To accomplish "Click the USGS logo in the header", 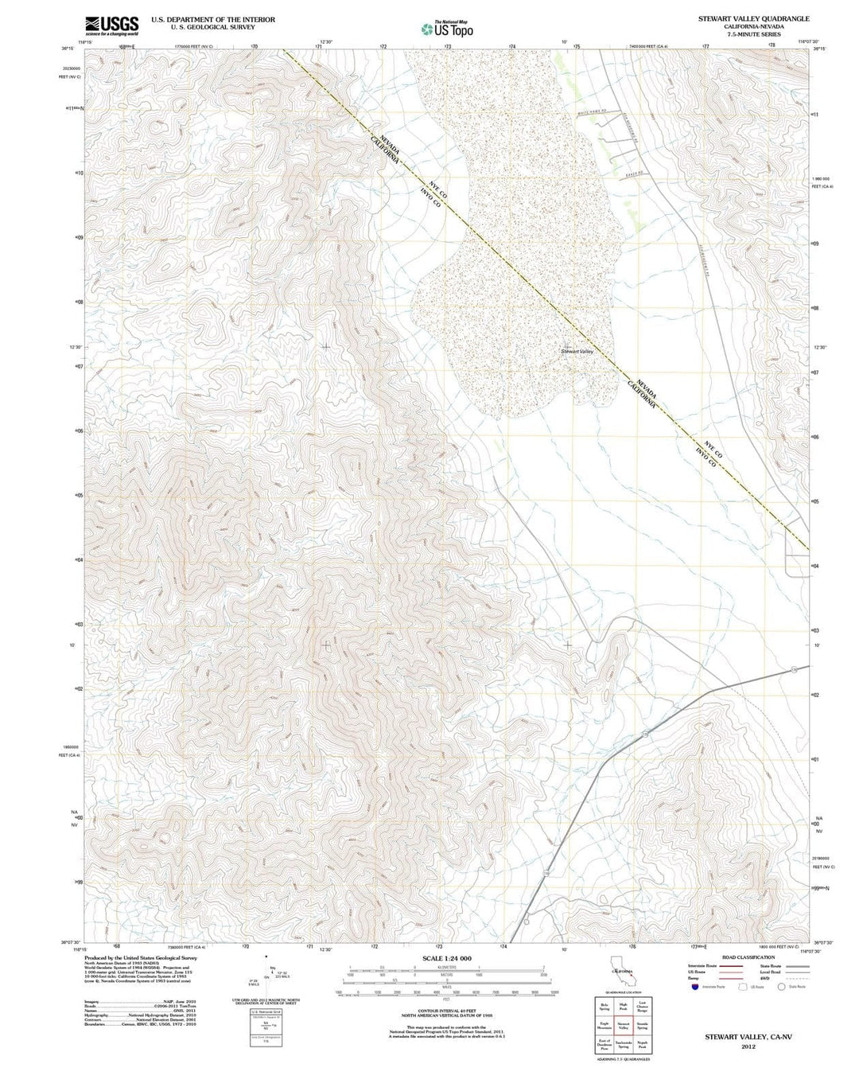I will [111, 25].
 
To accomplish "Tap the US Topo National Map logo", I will [447, 29].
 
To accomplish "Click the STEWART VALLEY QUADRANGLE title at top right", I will [754, 18].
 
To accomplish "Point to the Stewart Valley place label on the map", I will [577, 351].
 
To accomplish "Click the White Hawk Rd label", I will [593, 114].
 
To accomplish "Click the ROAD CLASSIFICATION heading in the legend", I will [748, 957].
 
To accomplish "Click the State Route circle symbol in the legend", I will [781, 987].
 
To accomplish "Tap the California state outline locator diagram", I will [621, 972].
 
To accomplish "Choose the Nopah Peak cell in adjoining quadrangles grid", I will [642, 1046].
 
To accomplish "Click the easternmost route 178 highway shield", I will [794, 670].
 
